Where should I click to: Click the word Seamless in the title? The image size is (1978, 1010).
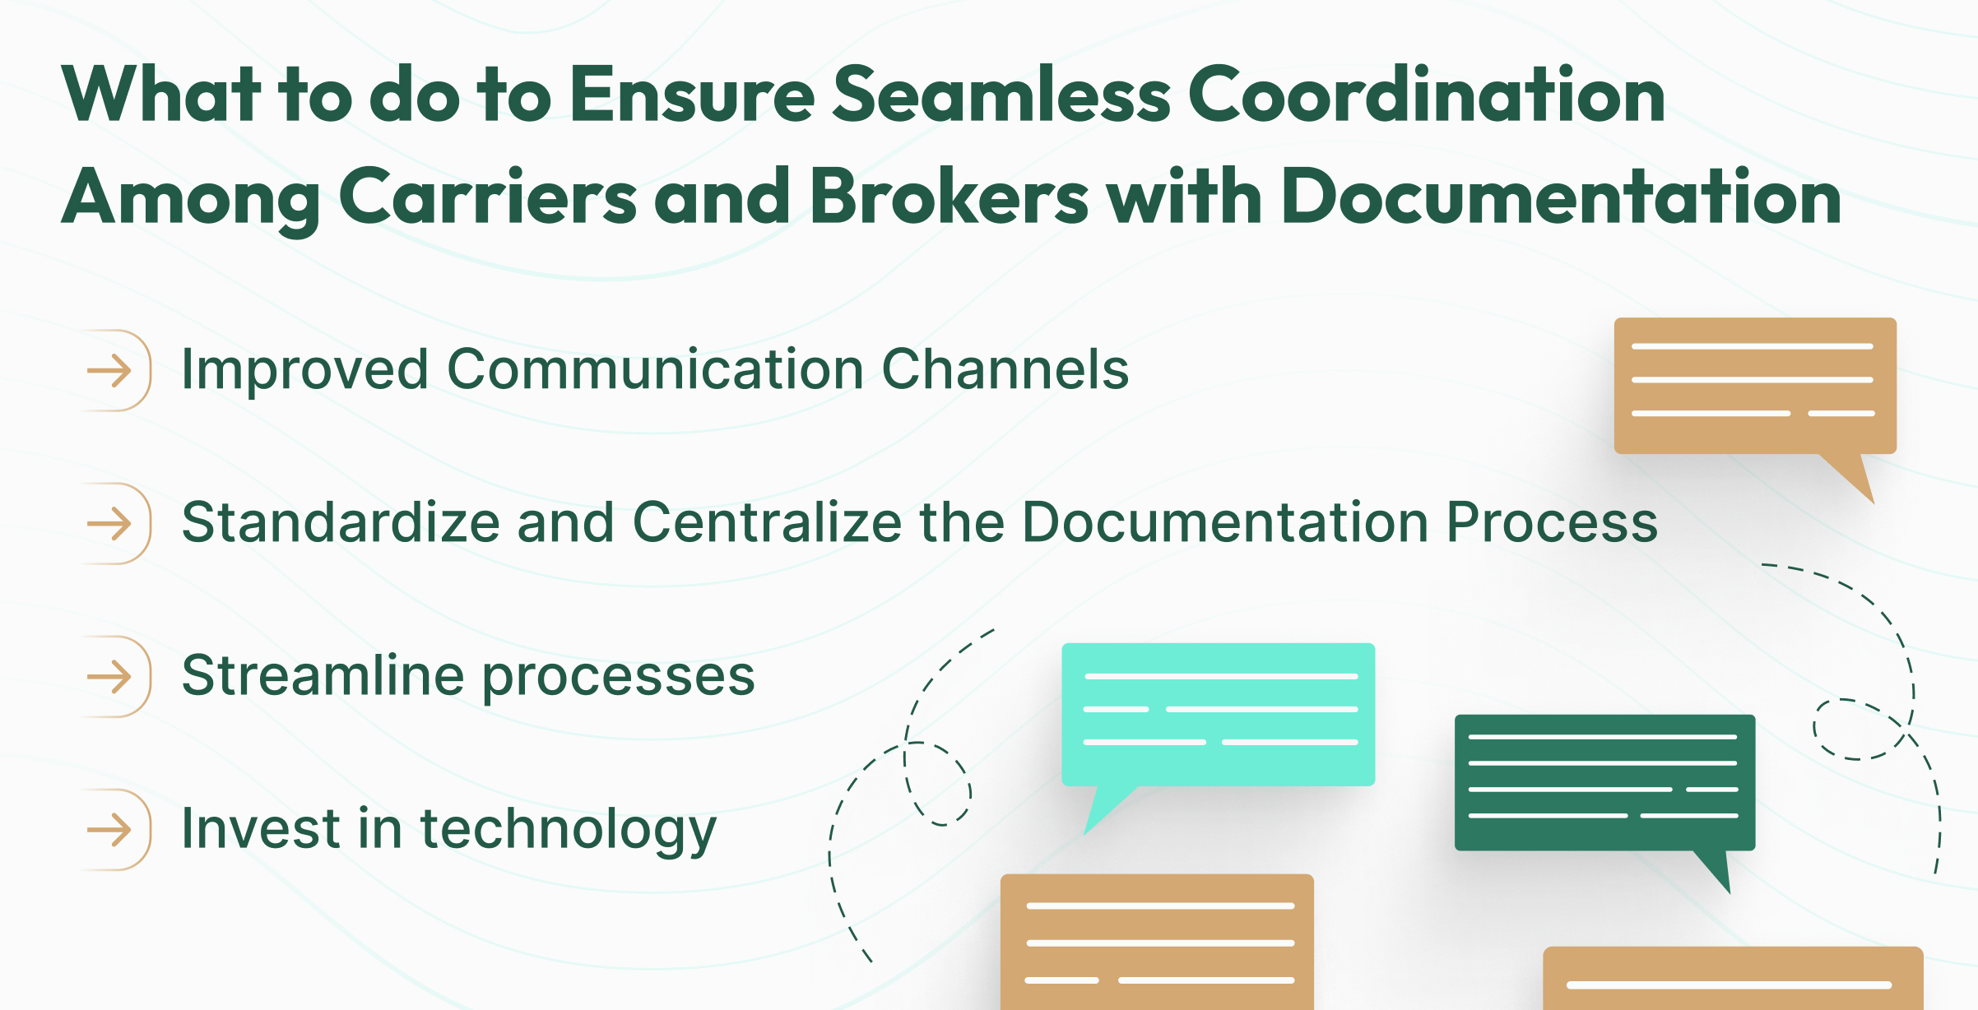[x=1001, y=95]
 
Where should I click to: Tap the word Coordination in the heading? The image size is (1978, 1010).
[x=1426, y=95]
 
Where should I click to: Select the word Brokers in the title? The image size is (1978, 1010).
[x=950, y=197]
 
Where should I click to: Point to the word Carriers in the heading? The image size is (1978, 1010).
[x=487, y=197]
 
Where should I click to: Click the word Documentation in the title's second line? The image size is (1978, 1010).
[x=1561, y=197]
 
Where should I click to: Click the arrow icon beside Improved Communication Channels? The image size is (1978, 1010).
[x=110, y=370]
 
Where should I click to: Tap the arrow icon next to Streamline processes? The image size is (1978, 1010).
[x=110, y=677]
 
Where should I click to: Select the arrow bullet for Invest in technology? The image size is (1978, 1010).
[x=110, y=830]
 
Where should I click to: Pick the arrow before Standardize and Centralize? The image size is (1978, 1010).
[x=110, y=523]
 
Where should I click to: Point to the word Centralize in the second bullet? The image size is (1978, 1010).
[x=767, y=522]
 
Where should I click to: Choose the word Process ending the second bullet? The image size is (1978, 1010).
[x=1552, y=522]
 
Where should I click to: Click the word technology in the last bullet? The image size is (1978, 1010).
[x=568, y=829]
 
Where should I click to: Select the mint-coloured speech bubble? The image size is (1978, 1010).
[x=1218, y=714]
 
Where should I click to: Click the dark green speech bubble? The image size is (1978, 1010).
[x=1604, y=781]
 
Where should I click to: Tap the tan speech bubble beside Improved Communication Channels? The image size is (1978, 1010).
[x=1754, y=385]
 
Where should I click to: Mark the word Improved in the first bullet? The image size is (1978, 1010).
[x=304, y=370]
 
